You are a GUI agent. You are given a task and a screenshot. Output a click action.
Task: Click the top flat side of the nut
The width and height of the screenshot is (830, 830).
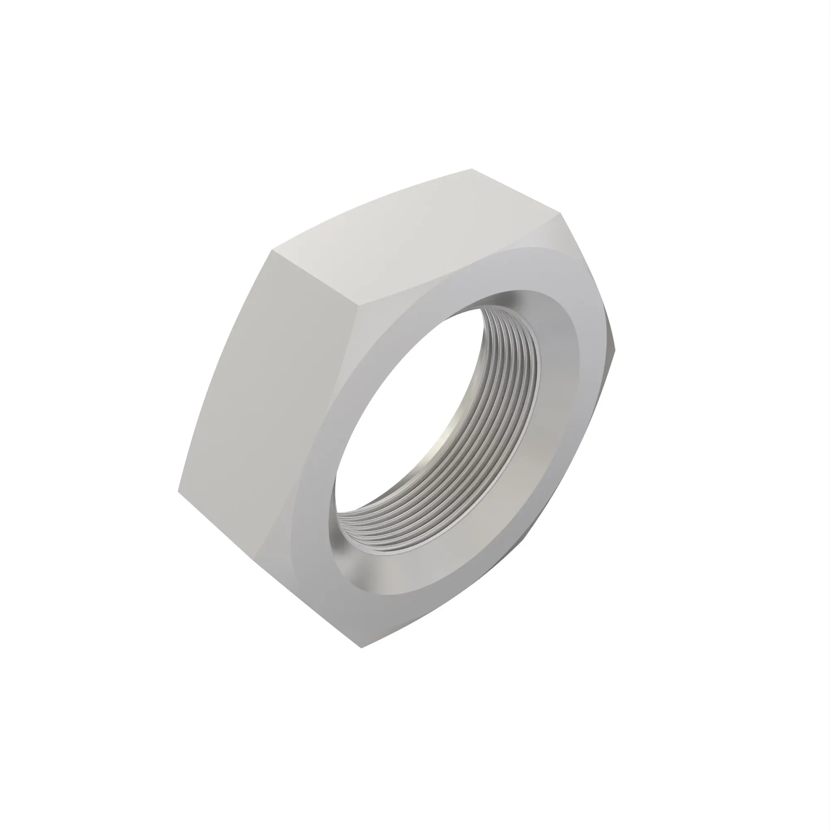[413, 241]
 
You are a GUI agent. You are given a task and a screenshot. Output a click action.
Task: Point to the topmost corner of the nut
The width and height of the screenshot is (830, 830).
[472, 169]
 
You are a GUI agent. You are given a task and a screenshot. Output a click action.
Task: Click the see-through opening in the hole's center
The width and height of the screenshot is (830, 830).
[413, 430]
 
